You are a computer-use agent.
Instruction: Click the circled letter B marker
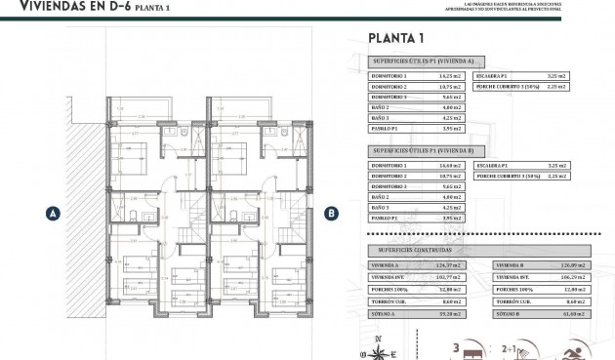pyautogui.click(x=331, y=212)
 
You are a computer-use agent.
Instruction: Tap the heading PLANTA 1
pyautogui.click(x=395, y=39)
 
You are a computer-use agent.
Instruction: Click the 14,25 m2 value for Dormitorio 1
pyautogui.click(x=449, y=75)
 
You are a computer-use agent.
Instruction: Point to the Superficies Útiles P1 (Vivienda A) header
pyautogui.click(x=420, y=60)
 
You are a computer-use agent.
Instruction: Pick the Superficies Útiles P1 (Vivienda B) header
pyautogui.click(x=420, y=151)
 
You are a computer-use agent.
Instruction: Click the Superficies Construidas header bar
pyautogui.click(x=420, y=250)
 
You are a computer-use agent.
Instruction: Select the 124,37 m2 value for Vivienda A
pyautogui.click(x=449, y=264)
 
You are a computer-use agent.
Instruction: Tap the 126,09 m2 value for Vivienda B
pyautogui.click(x=574, y=264)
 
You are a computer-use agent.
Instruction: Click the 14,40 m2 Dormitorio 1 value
pyautogui.click(x=449, y=166)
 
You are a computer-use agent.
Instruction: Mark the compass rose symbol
pyautogui.click(x=378, y=347)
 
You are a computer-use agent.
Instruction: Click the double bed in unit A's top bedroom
pyautogui.click(x=137, y=151)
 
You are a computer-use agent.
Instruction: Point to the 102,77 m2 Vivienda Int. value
pyautogui.click(x=449, y=277)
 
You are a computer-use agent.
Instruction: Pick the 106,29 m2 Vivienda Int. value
pyautogui.click(x=574, y=277)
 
